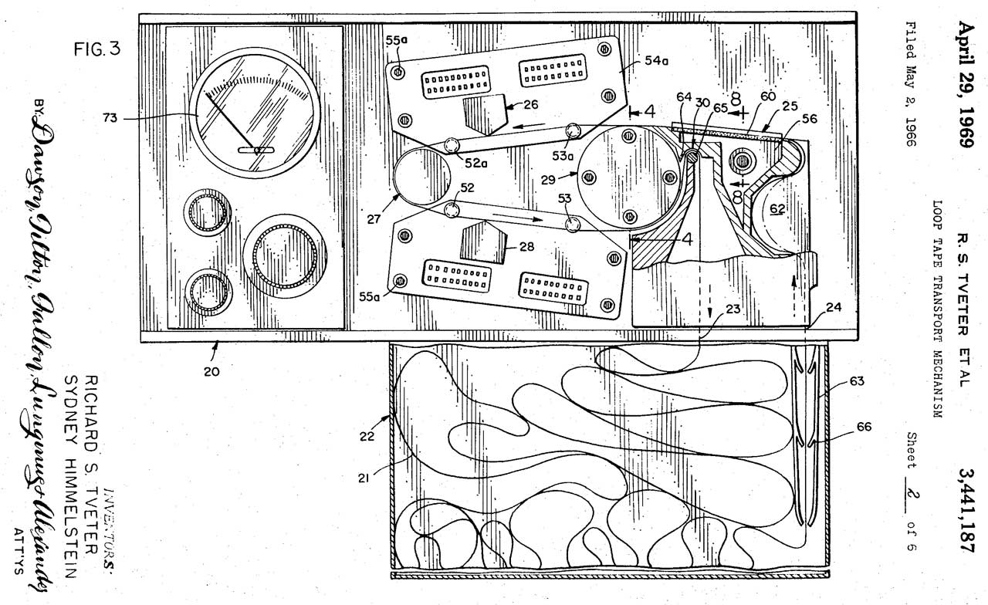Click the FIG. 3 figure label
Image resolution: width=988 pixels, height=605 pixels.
(x=97, y=52)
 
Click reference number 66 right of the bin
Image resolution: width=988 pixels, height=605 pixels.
(x=863, y=427)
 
